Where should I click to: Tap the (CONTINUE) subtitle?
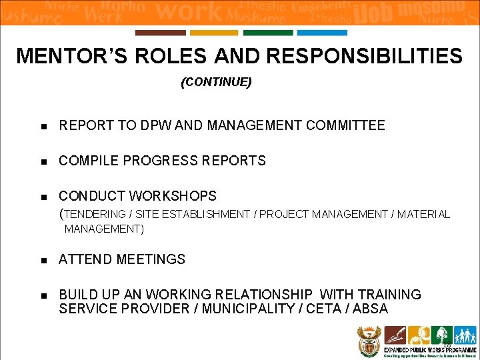point(216,83)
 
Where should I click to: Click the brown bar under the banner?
point(160,33)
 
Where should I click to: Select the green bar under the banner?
point(268,33)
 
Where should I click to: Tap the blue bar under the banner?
point(322,33)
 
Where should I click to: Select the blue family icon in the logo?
point(465,335)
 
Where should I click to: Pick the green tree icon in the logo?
point(441,335)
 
